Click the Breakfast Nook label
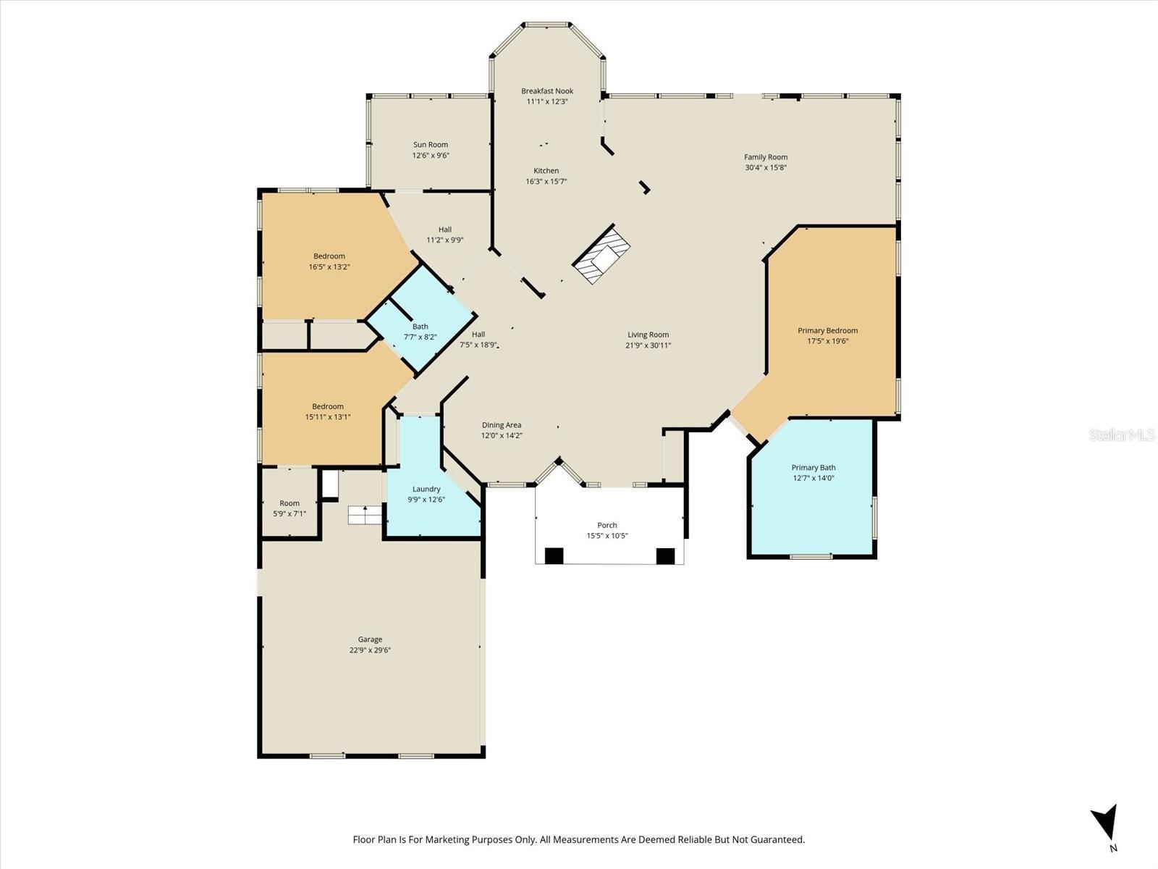click(547, 91)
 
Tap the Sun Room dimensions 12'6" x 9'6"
click(431, 155)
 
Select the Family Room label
click(766, 157)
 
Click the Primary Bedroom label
click(827, 330)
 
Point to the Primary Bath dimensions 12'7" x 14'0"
click(813, 478)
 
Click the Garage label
click(370, 639)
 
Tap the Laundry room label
click(426, 489)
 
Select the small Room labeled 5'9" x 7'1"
click(289, 508)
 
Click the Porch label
click(607, 525)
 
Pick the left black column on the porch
click(554, 556)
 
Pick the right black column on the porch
click(665, 556)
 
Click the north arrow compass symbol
click(1105, 823)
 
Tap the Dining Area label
click(502, 425)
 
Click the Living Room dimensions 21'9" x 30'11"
click(648, 345)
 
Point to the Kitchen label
click(546, 171)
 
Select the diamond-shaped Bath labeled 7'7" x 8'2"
click(420, 331)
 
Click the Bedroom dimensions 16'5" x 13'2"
click(329, 266)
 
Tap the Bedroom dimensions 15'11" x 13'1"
click(328, 416)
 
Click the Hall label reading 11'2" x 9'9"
click(444, 230)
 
